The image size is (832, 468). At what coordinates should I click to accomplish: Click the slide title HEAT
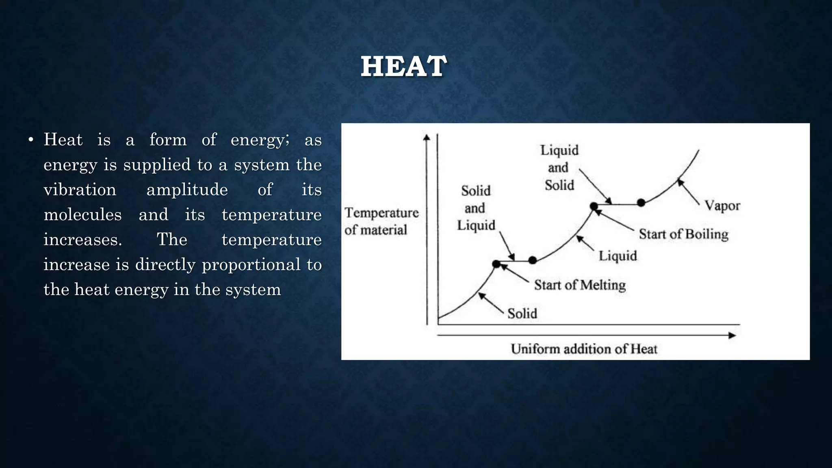tap(404, 66)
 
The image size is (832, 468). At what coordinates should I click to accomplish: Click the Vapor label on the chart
tap(722, 206)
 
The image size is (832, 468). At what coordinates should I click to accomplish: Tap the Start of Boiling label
tap(683, 234)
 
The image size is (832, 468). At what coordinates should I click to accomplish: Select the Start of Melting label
tap(580, 285)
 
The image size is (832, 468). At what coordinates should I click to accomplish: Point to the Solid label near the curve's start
tap(522, 313)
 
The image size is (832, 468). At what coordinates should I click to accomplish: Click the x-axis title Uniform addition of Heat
tap(584, 349)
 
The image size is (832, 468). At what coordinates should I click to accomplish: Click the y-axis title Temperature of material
tap(381, 221)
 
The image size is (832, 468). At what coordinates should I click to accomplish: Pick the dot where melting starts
tap(496, 264)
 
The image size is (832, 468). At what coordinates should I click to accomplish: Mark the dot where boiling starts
tap(594, 206)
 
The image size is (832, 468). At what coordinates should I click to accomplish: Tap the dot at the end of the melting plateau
tap(533, 260)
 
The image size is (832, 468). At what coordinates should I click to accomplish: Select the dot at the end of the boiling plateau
tap(641, 202)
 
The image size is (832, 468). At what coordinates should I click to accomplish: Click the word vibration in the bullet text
tap(80, 190)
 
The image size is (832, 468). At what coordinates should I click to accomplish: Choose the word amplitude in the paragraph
tap(187, 190)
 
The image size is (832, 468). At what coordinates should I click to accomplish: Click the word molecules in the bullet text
tap(82, 214)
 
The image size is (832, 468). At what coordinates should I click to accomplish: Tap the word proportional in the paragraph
tap(251, 264)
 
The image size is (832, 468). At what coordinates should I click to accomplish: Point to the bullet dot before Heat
tap(30, 141)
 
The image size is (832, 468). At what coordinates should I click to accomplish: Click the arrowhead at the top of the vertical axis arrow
tap(427, 137)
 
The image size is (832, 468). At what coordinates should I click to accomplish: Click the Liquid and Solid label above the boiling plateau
tap(559, 167)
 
